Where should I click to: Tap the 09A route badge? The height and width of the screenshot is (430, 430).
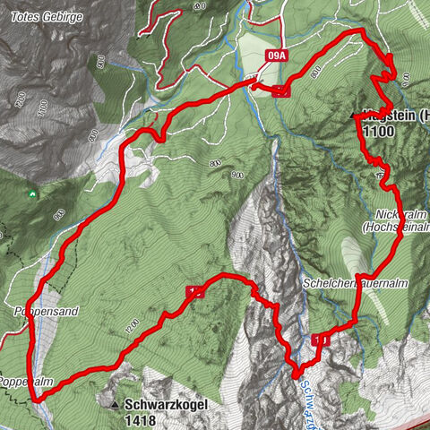(278, 56)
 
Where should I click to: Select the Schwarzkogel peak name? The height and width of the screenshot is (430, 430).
(168, 404)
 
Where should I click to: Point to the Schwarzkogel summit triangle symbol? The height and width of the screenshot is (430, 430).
(116, 405)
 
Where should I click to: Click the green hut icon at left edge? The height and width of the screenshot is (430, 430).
(33, 192)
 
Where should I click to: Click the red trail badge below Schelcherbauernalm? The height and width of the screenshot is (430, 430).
(321, 340)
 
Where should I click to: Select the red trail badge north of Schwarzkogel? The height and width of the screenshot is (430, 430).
(194, 292)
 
